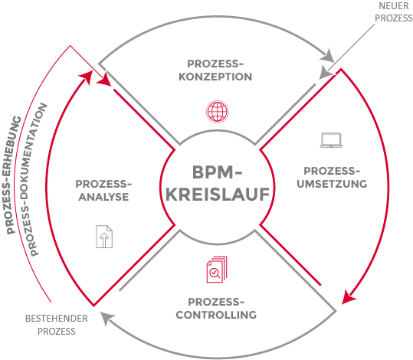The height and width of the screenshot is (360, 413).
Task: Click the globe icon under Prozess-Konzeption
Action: pyautogui.click(x=217, y=111)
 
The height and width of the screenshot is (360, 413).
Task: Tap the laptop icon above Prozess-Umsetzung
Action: pyautogui.click(x=331, y=140)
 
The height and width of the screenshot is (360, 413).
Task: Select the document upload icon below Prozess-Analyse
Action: pyautogui.click(x=104, y=237)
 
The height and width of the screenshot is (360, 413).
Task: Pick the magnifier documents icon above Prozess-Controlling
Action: pyautogui.click(x=217, y=270)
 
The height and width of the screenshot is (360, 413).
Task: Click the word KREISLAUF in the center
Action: pyautogui.click(x=218, y=195)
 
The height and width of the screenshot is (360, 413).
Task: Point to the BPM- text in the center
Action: pyautogui.click(x=218, y=172)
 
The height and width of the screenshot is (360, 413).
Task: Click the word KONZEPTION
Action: pyautogui.click(x=215, y=77)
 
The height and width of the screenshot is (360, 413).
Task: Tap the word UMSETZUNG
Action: pyautogui.click(x=332, y=184)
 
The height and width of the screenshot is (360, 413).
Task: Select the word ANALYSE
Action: pyautogui.click(x=103, y=197)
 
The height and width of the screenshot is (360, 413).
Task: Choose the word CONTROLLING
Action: pyautogui.click(x=216, y=315)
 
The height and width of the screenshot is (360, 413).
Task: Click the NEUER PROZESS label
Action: pyautogui.click(x=394, y=11)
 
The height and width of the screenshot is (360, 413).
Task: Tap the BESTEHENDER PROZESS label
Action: pyautogui.click(x=57, y=325)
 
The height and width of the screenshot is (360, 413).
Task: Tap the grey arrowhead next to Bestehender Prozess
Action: pyautogui.click(x=107, y=318)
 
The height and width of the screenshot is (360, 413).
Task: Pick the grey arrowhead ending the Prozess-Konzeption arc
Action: pyautogui.click(x=327, y=55)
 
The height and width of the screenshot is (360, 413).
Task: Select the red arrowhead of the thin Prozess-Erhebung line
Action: pyautogui.click(x=104, y=79)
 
